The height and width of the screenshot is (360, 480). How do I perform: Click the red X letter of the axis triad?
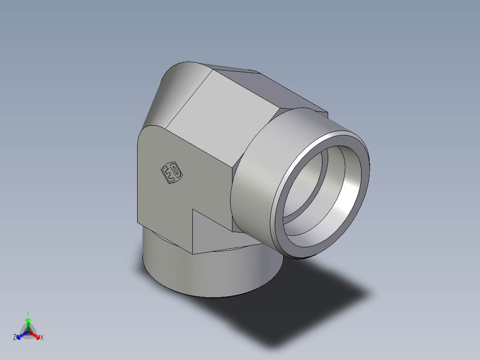[41, 338]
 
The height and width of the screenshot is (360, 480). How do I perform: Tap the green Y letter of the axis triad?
[28, 313]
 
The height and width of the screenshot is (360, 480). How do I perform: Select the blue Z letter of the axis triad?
[15, 338]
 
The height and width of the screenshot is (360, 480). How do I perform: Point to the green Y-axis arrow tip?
[28, 320]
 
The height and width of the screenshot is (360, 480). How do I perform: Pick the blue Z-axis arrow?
[20, 335]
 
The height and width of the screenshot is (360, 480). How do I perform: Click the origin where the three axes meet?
[28, 331]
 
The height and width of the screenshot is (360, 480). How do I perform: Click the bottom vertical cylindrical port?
[200, 272]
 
